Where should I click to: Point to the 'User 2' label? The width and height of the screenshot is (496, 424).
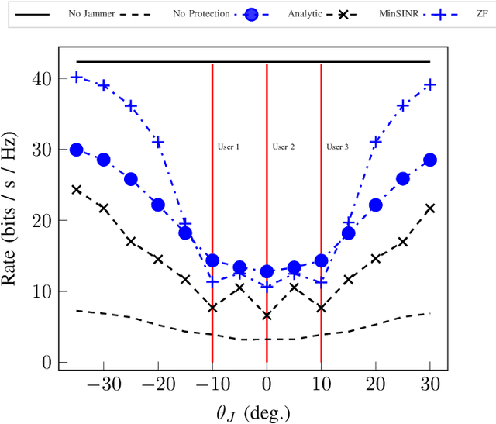(x=283, y=147)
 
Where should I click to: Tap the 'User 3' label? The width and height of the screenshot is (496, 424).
(x=337, y=147)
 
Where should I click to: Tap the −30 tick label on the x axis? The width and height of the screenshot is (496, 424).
(x=103, y=385)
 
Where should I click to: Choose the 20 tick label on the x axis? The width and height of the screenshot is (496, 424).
(x=375, y=385)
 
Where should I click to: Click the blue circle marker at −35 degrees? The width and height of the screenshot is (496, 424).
(x=76, y=150)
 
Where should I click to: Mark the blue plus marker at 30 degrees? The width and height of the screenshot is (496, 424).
(x=430, y=84)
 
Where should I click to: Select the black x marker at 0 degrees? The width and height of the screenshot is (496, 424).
(x=267, y=315)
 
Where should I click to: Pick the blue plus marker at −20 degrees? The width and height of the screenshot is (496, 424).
(x=158, y=142)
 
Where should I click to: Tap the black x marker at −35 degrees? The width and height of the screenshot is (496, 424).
(x=76, y=189)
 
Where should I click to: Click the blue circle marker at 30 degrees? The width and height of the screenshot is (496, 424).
(x=430, y=160)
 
